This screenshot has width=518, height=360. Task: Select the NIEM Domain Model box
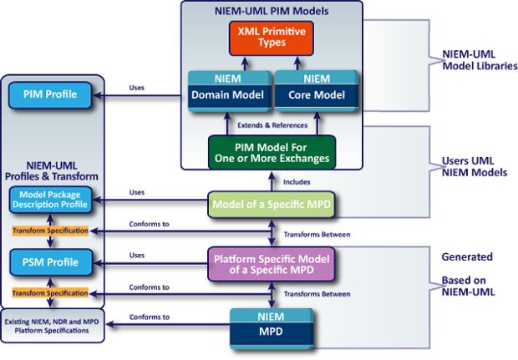[222, 90]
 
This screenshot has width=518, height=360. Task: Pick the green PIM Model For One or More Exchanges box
[272, 152]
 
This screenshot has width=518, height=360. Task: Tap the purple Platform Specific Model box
[272, 261]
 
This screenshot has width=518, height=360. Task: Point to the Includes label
[297, 180]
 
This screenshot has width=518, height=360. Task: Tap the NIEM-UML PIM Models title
[272, 10]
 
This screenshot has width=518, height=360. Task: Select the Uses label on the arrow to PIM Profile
[138, 87]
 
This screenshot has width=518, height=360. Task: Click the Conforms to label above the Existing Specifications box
[150, 317]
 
